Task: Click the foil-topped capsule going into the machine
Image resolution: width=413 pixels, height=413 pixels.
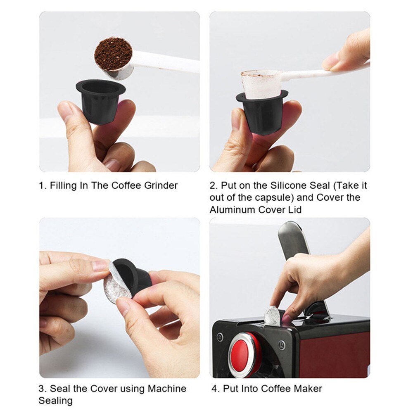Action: [x=273, y=315]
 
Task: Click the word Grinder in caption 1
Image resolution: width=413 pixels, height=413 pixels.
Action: [x=159, y=185]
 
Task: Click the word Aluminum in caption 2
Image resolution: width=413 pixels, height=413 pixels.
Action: [x=233, y=209]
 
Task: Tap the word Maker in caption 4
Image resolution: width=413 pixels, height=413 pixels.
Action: [x=309, y=389]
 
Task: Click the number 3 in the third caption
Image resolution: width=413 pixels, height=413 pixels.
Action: [x=42, y=389]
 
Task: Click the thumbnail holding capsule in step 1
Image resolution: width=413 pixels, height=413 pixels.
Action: [x=66, y=111]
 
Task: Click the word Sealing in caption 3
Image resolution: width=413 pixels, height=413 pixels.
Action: [x=55, y=401]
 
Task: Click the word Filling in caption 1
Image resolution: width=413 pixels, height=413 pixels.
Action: [x=63, y=185]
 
